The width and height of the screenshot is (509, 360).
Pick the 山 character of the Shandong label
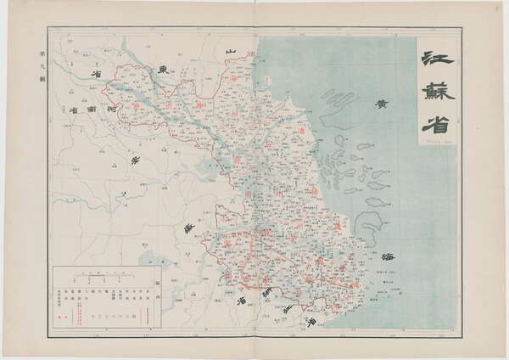229,53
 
